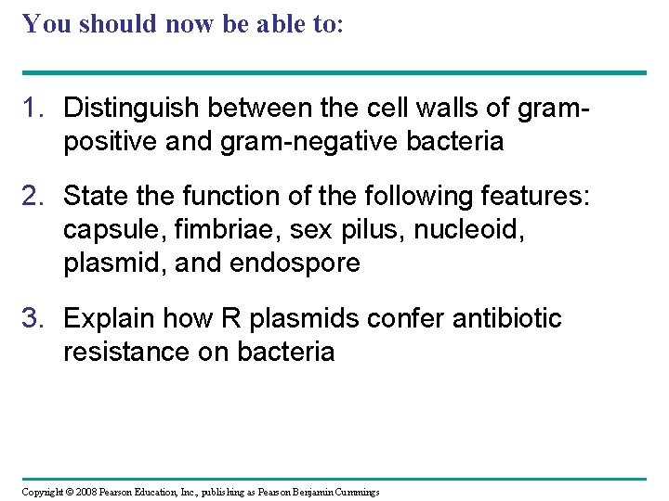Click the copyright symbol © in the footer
point(69,492)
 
